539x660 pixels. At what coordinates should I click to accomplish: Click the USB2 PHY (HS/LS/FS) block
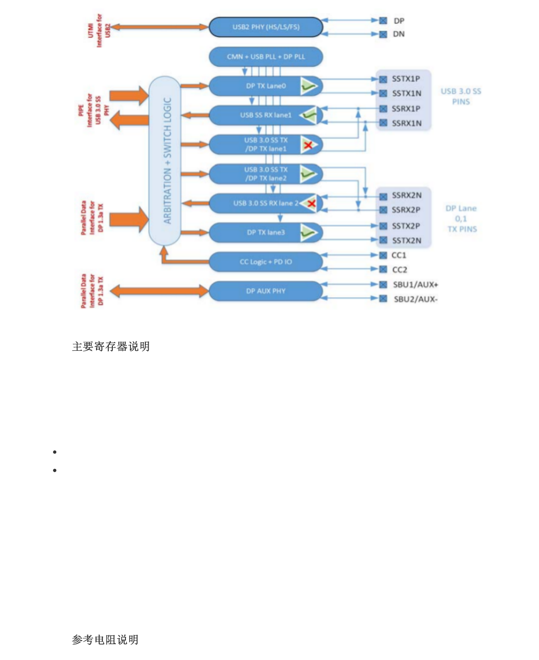pos(266,27)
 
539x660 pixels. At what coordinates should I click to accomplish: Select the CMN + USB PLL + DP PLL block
pos(266,57)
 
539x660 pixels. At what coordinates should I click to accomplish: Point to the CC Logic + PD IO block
pos(266,262)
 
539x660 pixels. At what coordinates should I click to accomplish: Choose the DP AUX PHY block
pos(266,291)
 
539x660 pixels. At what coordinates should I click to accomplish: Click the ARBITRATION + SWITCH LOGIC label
pos(167,161)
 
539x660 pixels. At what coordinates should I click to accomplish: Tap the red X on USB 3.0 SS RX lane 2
pos(311,204)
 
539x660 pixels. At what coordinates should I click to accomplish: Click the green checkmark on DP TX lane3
pos(308,233)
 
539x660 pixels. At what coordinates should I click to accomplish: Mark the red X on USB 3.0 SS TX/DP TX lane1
pos(308,145)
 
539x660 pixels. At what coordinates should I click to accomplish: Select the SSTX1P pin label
pos(406,79)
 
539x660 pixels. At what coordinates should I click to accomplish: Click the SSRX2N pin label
pos(406,196)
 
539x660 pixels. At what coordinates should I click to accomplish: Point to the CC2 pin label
pos(399,270)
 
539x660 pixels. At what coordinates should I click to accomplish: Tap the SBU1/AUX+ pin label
pos(415,285)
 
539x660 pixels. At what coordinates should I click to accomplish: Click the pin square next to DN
pos(383,34)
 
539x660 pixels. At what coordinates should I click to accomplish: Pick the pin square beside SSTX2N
pos(383,240)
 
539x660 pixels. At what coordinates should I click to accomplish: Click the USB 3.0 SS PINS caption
pos(461,96)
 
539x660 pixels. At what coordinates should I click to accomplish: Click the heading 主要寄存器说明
pos(111,347)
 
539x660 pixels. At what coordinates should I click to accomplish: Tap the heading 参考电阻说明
pos(105,640)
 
